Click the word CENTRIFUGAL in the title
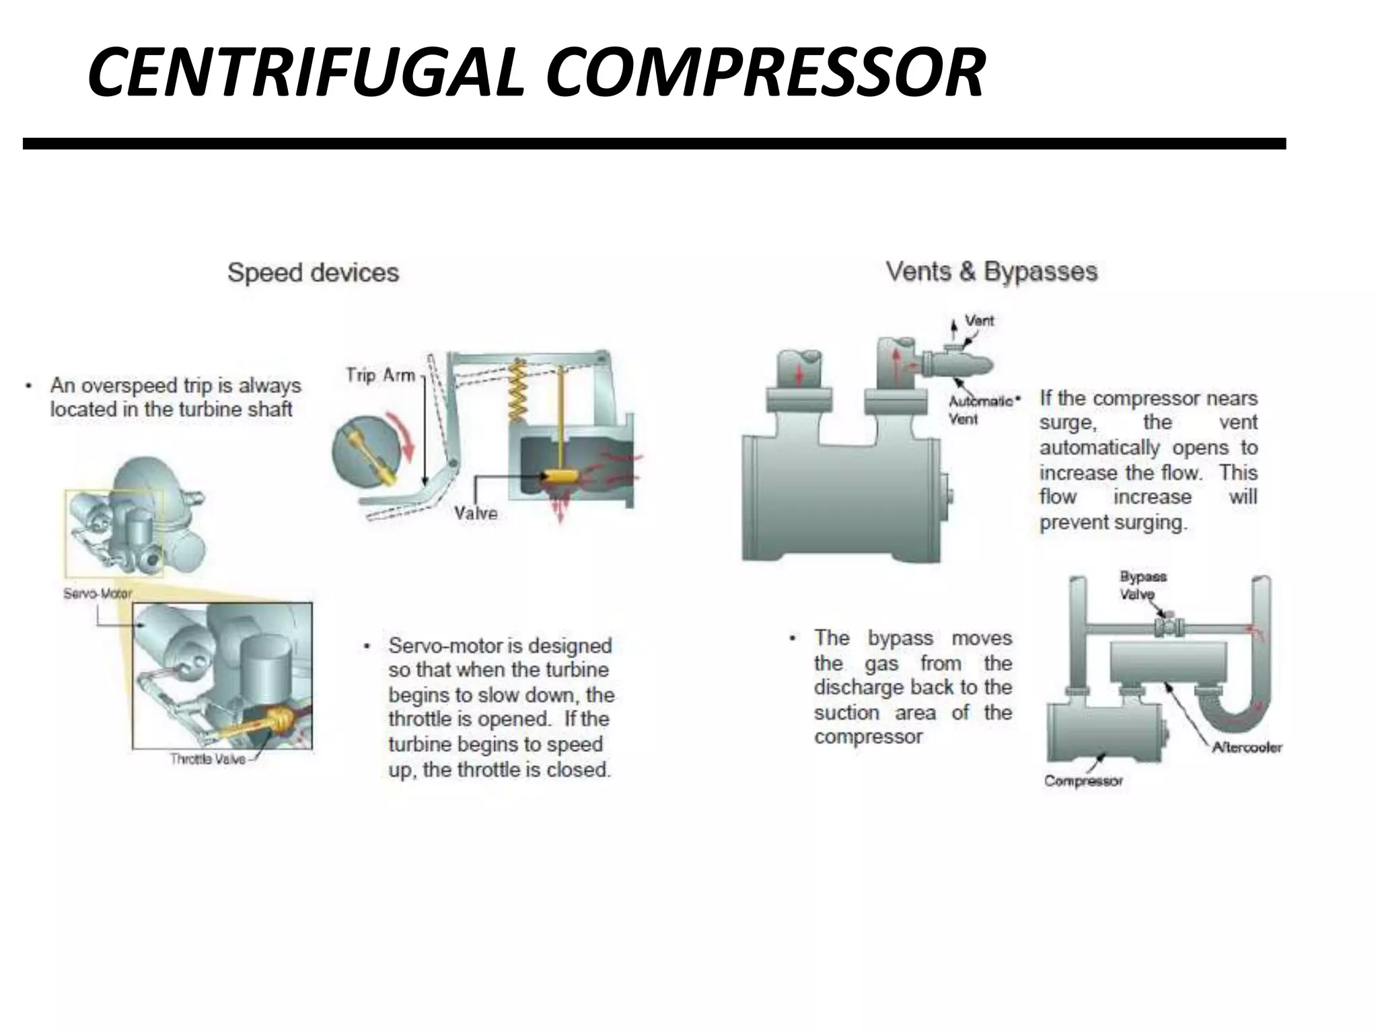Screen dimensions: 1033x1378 pos(306,72)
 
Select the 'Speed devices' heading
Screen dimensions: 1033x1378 pos(313,273)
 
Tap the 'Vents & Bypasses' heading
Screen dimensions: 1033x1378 pos(991,272)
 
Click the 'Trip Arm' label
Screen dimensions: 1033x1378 pos(381,375)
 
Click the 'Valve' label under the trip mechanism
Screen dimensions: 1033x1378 pos(476,514)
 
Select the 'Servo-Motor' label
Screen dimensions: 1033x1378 pos(98,594)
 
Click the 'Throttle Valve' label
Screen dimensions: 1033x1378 pos(208,759)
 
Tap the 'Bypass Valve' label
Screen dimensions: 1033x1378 pos(1142,585)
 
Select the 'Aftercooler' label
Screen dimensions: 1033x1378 pos(1247,747)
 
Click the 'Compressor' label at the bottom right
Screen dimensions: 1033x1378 pos(1083,781)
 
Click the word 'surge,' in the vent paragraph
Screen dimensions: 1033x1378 pos(1068,423)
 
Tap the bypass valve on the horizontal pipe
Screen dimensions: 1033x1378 pos(1169,626)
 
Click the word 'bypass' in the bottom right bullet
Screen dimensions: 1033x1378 pos(900,638)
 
